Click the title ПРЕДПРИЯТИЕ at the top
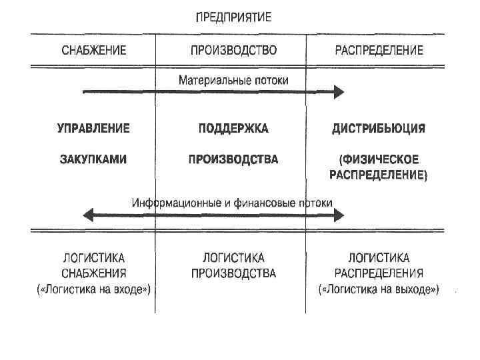click(x=233, y=17)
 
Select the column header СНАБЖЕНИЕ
click(x=94, y=51)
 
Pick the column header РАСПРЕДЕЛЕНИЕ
click(x=379, y=51)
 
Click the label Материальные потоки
click(x=233, y=80)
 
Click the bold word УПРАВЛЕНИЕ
click(x=93, y=128)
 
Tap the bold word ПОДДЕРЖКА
click(x=233, y=128)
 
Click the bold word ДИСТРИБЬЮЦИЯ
click(x=379, y=128)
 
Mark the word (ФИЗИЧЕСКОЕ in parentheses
click(x=379, y=159)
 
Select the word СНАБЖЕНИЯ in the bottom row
click(x=93, y=273)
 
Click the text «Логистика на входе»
click(x=93, y=289)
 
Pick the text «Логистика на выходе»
click(x=379, y=289)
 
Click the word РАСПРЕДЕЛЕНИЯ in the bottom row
click(x=379, y=273)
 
